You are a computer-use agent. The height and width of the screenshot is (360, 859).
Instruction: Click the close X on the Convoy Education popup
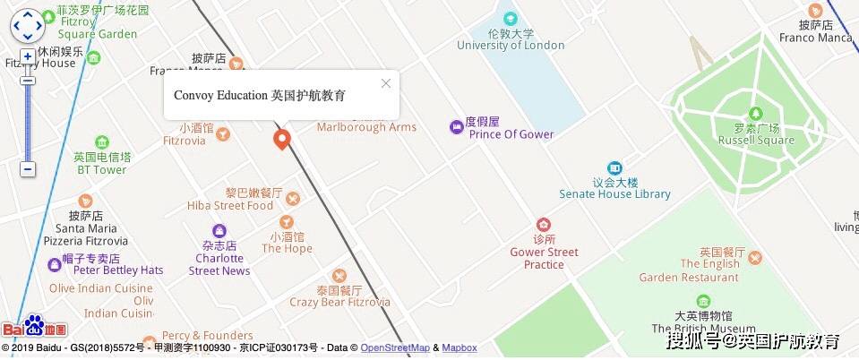coord(386,83)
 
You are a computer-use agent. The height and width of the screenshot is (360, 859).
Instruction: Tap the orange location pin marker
coord(281,139)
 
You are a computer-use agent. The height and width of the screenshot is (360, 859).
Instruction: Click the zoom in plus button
coord(28,56)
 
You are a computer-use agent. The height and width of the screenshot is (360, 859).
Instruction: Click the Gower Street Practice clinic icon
coord(543,224)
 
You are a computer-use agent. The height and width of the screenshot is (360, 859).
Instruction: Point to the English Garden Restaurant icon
coord(755,258)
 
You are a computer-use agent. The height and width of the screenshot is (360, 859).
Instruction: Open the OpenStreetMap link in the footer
coord(395,347)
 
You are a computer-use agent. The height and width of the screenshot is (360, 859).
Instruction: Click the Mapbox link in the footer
coord(460,347)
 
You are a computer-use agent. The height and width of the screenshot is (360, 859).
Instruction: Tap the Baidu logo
coord(34,328)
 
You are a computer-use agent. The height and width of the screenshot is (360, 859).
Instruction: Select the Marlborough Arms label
coord(366,127)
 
